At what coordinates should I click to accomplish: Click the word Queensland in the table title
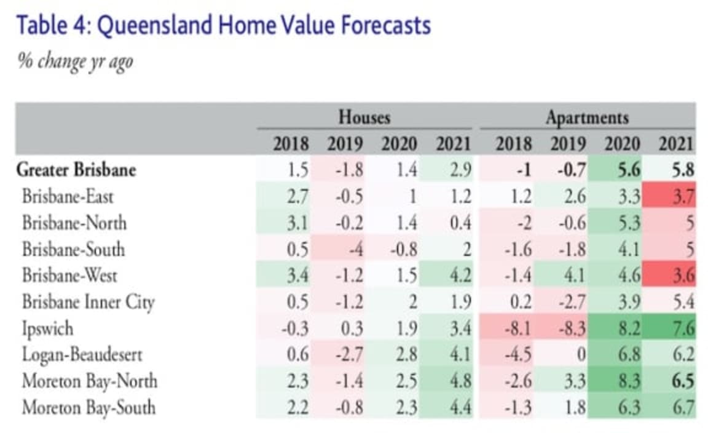point(156,26)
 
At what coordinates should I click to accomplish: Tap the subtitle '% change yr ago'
point(75,62)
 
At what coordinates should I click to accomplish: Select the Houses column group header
point(364,117)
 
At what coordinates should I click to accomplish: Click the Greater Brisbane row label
point(76,170)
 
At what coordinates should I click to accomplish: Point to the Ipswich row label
point(48,328)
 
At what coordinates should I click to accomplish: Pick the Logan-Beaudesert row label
point(82,355)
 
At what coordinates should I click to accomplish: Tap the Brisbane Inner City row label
point(88,302)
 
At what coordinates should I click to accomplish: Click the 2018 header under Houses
point(291,144)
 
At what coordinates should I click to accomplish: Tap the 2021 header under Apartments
point(676,144)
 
